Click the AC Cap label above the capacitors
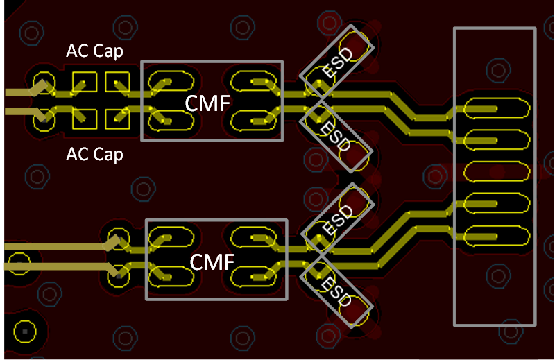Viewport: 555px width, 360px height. [94, 51]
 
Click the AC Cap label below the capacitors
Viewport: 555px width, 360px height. [94, 154]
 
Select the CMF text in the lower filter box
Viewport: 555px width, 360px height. [212, 262]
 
